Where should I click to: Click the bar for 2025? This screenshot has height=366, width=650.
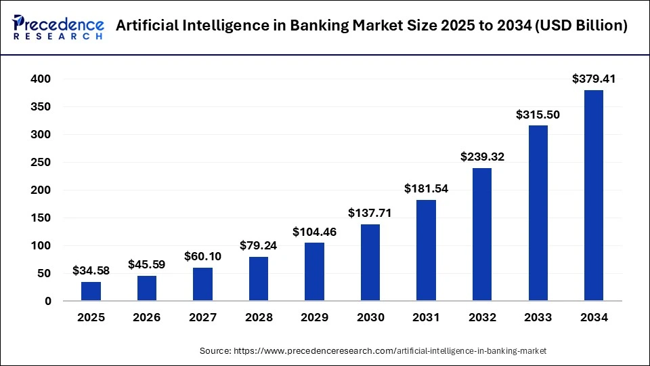coord(91,291)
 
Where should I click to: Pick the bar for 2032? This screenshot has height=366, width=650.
coord(482,234)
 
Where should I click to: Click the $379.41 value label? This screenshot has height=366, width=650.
coord(593,79)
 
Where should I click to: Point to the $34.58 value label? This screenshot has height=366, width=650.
coord(91,270)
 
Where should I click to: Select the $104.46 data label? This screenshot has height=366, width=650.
coord(314,232)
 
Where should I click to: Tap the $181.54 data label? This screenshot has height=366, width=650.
coord(426,188)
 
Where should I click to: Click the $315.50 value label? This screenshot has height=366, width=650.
coord(538,115)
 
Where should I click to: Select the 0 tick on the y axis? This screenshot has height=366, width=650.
coord(47,302)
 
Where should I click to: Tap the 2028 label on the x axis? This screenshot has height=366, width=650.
coord(259,317)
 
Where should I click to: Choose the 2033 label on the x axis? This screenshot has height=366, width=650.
coord(538,317)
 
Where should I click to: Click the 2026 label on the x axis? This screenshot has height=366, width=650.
coord(147,317)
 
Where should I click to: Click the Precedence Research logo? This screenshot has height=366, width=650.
coord(58,26)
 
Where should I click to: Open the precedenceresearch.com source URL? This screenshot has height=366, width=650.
coord(390,350)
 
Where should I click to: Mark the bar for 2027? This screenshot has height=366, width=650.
coord(202,284)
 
